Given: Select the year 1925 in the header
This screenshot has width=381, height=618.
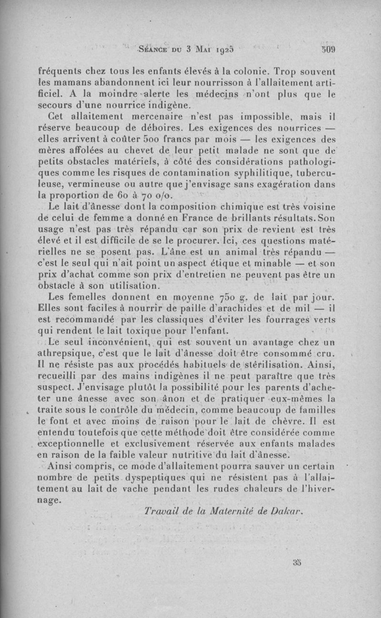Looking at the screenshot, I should (226, 49).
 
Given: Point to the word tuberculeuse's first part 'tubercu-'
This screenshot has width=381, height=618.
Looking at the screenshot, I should (321, 173).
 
